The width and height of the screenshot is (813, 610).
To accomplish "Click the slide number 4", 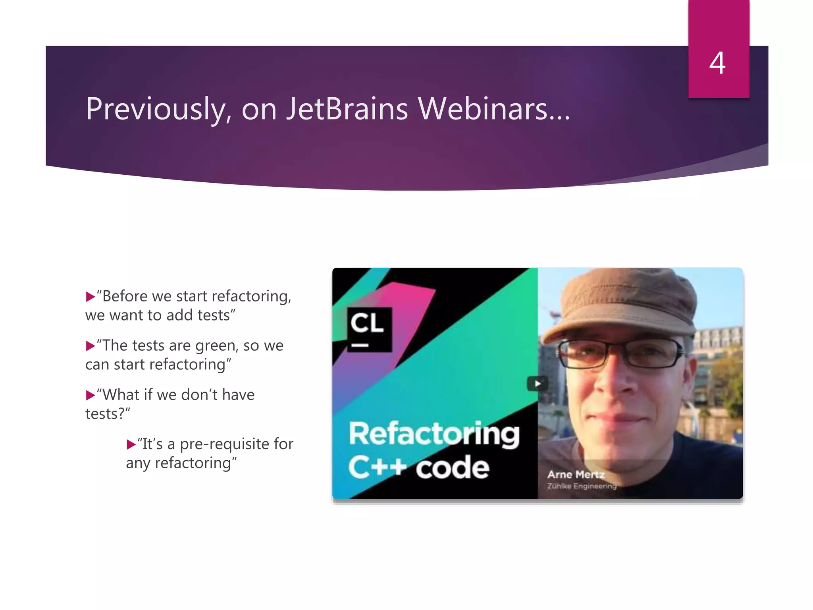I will pos(717,63).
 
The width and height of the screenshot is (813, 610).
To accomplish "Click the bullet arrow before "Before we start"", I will pos(90,297).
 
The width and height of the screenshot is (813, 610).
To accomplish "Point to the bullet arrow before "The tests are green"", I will pos(90,346).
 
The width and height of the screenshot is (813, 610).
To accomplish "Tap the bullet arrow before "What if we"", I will pos(90,395).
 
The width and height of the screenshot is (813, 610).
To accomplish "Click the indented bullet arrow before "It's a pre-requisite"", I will pos(131,444).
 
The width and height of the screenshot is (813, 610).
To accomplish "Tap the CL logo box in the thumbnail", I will pos(369,329).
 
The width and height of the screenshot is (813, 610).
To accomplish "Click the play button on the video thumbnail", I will pos(538,384).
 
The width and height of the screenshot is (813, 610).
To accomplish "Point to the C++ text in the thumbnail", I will pos(378,467).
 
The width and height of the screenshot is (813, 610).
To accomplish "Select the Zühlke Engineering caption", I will pos(582,486).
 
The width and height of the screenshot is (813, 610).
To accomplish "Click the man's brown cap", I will pos(619,302).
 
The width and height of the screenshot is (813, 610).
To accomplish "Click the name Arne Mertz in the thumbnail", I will pos(576,474).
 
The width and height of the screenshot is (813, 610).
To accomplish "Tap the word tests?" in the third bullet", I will pos(108,414).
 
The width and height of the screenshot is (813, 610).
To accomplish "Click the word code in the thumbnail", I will pos(453,468).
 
